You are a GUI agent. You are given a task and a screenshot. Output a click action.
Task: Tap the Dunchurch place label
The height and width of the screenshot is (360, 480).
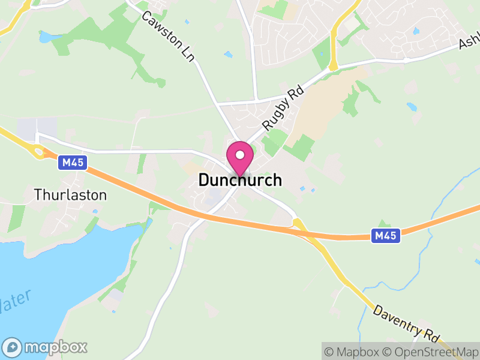click(240, 180)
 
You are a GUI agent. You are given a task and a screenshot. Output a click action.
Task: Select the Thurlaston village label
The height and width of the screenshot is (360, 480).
click(71, 195)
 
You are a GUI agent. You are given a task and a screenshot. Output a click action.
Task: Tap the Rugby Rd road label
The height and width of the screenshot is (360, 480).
click(284, 107)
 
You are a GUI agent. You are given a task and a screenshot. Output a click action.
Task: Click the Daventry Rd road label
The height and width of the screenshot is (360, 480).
click(407, 322)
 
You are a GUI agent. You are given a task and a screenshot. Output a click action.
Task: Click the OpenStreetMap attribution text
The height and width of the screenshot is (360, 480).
click(431, 352)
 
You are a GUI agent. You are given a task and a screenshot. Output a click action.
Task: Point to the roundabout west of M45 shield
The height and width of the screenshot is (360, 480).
click(40, 152)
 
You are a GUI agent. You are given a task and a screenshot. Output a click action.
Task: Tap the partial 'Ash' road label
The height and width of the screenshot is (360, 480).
click(469, 42)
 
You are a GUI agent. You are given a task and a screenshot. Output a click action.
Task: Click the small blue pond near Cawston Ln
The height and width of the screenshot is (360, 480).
click(228, 55)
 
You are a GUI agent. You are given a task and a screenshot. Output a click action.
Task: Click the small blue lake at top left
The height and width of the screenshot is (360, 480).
click(47, 37)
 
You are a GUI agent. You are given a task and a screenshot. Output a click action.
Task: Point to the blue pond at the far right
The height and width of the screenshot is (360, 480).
click(411, 107)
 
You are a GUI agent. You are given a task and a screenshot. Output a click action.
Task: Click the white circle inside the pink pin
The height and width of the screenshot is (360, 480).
click(240, 155)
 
